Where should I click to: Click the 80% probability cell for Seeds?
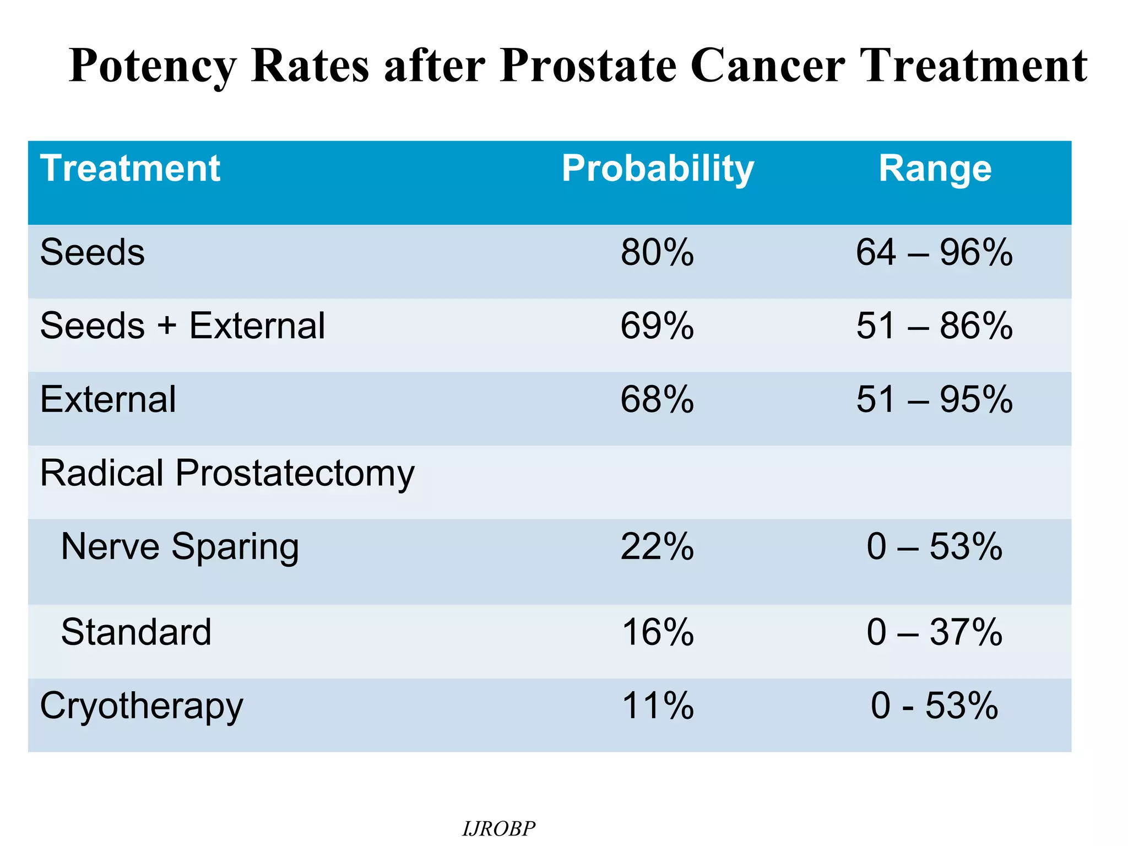[657, 253]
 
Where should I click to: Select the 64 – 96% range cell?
[934, 253]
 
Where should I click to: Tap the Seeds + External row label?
[182, 326]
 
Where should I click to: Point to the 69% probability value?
[657, 326]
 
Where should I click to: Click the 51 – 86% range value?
[934, 326]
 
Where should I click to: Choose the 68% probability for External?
[657, 399]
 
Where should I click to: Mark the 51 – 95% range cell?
[934, 399]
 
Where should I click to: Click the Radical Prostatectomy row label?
[227, 473]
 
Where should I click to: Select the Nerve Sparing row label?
[180, 547]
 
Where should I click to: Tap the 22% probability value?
[657, 547]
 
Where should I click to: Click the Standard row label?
[136, 632]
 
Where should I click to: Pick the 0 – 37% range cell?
[934, 632]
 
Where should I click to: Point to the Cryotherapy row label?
[141, 706]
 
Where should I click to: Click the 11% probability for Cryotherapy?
[657, 706]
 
